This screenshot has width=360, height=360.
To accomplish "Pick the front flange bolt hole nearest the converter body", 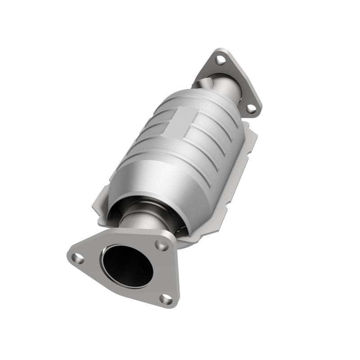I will click(158, 245).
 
